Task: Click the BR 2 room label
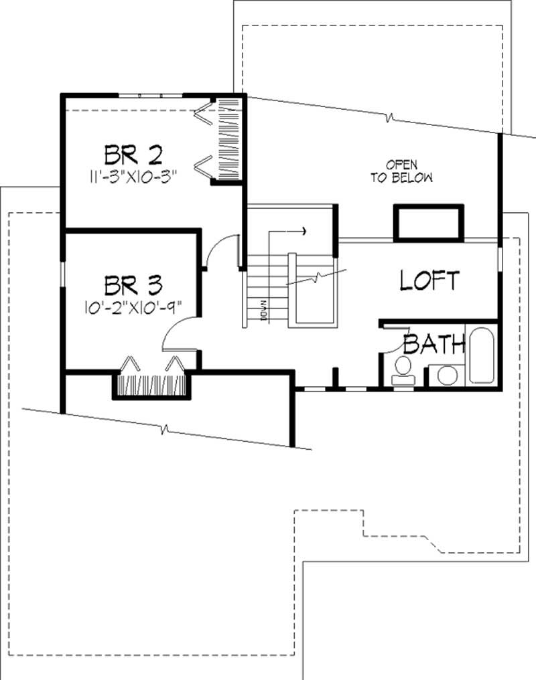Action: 133,155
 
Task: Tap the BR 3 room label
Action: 133,286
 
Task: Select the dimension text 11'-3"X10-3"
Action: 131,178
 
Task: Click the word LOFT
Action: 429,280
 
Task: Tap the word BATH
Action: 434,345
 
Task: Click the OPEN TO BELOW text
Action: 401,171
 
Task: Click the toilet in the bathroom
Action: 402,370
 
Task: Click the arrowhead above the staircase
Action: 304,232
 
